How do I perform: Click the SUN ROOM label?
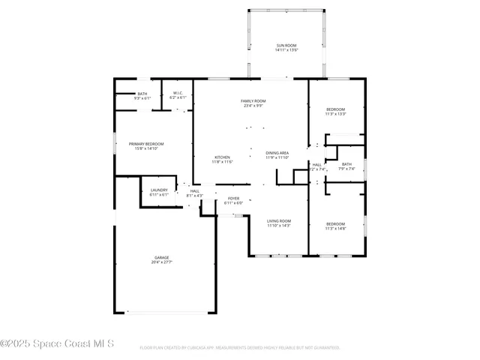(x=286, y=46)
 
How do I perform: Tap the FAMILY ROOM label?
(x=253, y=101)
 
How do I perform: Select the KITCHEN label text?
(x=222, y=157)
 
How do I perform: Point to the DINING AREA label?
(x=277, y=153)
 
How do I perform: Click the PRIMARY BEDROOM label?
(x=145, y=144)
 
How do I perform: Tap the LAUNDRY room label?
(x=159, y=190)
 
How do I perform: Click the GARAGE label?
(x=162, y=257)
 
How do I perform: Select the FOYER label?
(x=234, y=199)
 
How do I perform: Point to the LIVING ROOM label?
(x=279, y=221)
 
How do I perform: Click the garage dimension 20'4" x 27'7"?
(x=162, y=262)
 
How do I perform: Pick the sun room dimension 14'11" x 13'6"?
(x=286, y=50)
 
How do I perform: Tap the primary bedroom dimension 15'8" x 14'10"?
(x=145, y=148)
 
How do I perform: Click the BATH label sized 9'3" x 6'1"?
(x=142, y=94)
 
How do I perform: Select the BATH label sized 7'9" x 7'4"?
(x=346, y=164)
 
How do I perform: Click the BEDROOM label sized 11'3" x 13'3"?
(x=335, y=109)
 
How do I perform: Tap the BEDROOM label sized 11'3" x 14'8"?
(x=335, y=224)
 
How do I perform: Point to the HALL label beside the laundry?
(x=194, y=191)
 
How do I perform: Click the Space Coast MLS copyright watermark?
(x=58, y=343)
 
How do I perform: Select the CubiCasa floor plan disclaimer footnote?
(x=240, y=348)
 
